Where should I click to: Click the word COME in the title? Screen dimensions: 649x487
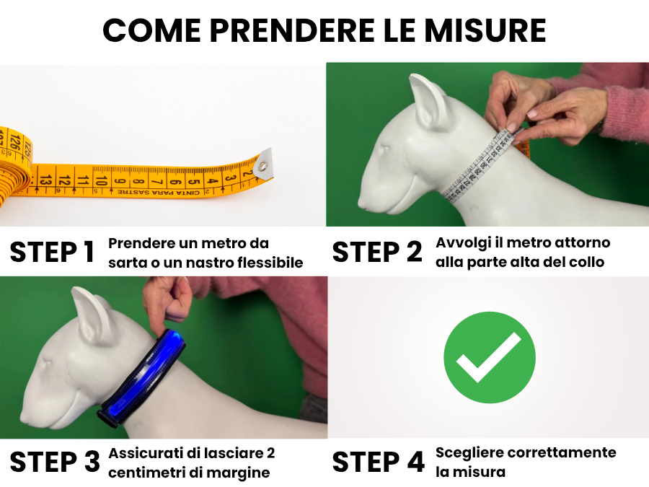click(x=152, y=30)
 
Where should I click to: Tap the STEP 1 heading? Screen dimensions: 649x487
click(x=52, y=252)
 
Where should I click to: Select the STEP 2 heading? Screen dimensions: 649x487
click(x=377, y=252)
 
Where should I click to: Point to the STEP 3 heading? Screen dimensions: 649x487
click(x=55, y=462)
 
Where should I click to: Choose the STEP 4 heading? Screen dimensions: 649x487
click(x=379, y=462)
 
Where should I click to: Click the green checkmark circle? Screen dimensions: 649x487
click(x=490, y=357)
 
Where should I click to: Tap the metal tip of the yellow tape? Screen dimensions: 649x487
click(x=264, y=164)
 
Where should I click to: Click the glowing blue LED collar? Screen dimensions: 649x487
click(x=141, y=378)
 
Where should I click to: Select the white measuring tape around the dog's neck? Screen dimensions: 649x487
click(x=482, y=167)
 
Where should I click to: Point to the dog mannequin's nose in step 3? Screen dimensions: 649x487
click(x=25, y=418)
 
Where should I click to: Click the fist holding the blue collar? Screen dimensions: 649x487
click(x=167, y=298)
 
